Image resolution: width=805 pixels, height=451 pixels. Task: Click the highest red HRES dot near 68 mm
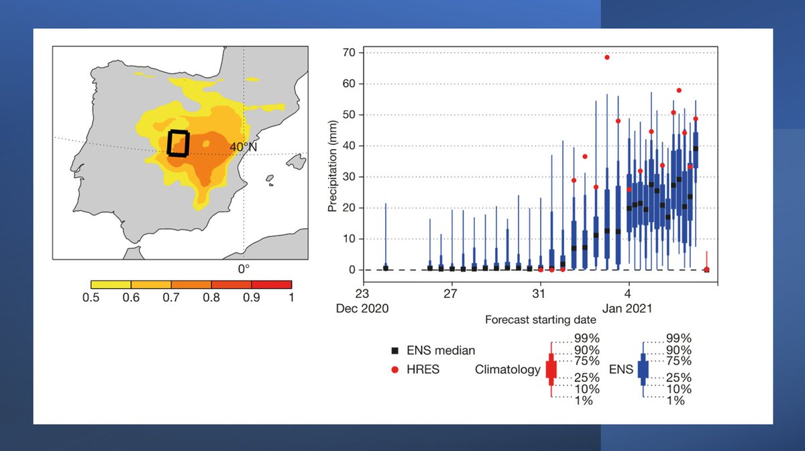point(606,57)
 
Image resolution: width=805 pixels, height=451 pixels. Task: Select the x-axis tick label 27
point(451,294)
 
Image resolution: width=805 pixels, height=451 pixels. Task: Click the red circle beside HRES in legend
point(395,369)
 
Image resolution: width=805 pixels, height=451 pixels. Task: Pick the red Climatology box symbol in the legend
point(551,369)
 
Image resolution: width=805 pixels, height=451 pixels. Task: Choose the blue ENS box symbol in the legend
point(643,369)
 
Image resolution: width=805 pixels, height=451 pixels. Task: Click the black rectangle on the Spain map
point(178,143)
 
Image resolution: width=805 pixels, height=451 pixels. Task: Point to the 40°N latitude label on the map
point(244,146)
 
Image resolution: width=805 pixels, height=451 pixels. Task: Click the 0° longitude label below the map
point(244,268)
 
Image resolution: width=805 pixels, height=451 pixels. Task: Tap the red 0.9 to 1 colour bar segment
point(272,285)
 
